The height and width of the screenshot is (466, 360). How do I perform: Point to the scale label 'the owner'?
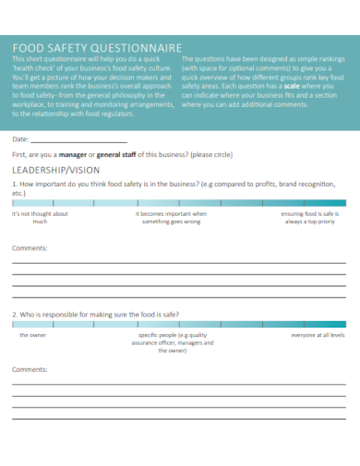click(x=33, y=335)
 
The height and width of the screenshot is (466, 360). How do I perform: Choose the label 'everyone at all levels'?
click(x=318, y=335)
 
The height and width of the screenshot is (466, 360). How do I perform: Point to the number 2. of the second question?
click(x=15, y=314)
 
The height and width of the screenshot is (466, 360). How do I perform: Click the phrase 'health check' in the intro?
click(x=35, y=68)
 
